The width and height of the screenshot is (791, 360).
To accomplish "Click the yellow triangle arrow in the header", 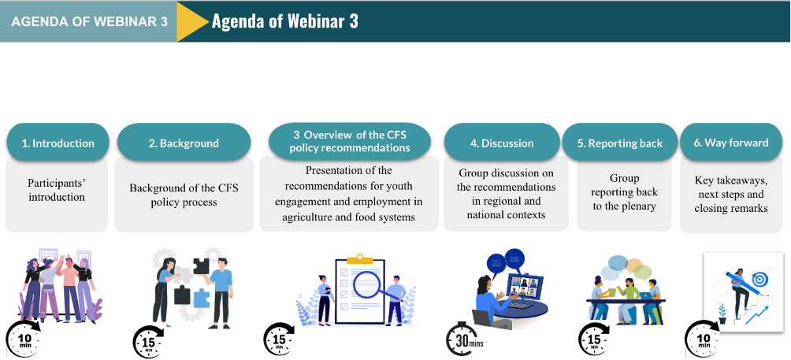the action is (190, 21).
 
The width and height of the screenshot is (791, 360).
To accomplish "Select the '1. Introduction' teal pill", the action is (58, 143).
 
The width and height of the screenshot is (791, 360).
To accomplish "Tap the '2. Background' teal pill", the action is (184, 143).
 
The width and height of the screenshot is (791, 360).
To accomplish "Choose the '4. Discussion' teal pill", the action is (501, 143).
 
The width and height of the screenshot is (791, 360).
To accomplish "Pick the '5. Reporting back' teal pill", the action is (620, 143).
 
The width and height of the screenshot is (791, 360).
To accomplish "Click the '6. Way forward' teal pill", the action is (731, 143).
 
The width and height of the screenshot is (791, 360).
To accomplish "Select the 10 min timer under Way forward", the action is (704, 337).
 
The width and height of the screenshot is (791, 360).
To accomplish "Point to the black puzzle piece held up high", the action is (201, 265).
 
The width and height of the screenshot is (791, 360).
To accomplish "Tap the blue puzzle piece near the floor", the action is (201, 298).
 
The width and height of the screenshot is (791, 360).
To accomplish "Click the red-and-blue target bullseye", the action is (759, 279).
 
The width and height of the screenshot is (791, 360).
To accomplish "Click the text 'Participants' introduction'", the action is (57, 190).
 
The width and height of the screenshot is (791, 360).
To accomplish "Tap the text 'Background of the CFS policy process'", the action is (184, 195).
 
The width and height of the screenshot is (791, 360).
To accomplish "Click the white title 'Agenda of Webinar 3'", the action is (285, 21).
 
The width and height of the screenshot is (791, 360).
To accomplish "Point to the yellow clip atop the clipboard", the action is (360, 258).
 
